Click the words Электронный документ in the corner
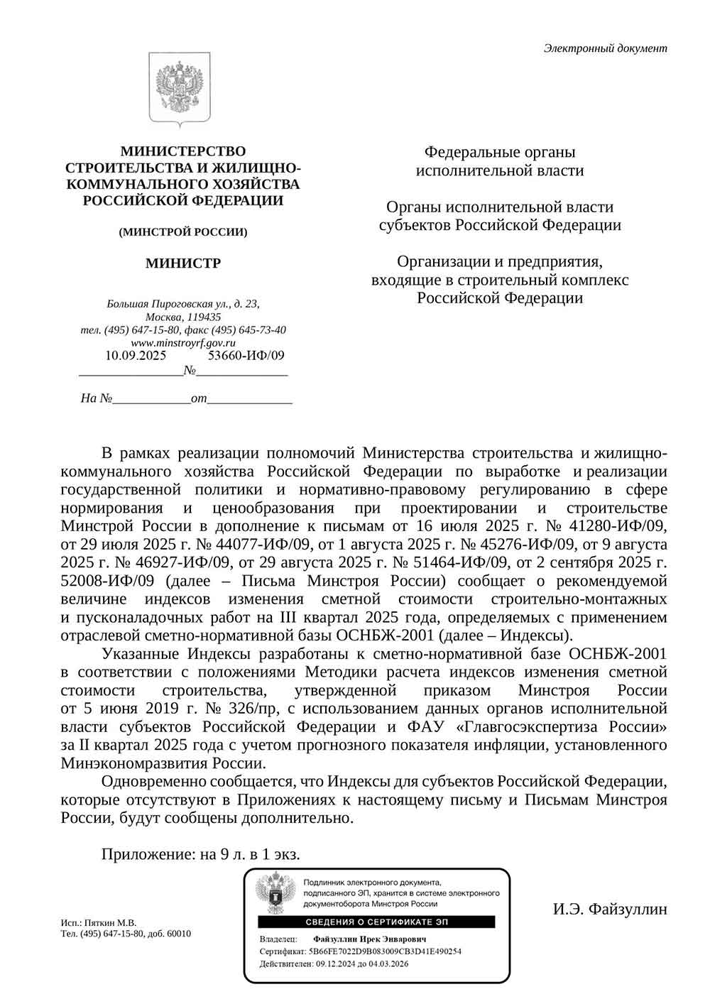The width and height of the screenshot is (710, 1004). point(605,49)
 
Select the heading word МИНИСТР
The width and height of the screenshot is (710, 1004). point(182,264)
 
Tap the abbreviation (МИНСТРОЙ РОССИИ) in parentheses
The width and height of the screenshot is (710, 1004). point(182,232)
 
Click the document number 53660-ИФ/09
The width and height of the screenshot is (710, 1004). point(246,356)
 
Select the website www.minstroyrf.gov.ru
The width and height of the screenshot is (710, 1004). point(183,343)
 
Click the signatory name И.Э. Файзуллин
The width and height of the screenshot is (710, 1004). point(610,909)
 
